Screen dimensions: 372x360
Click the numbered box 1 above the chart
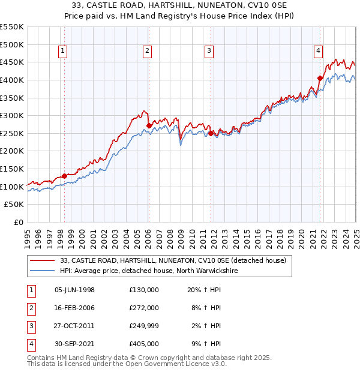[x=64, y=51]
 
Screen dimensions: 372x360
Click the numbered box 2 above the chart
[x=147, y=51]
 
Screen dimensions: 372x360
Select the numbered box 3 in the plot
[x=209, y=51]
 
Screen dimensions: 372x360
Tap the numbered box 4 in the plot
[x=318, y=51]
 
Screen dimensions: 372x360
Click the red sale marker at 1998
[x=64, y=176]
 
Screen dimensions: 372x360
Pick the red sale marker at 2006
[x=149, y=126]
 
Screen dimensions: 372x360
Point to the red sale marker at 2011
[x=211, y=134]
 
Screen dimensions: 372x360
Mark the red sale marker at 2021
[x=320, y=78]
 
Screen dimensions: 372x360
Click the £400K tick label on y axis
[x=12, y=80]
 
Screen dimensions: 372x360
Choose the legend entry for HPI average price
[x=149, y=271]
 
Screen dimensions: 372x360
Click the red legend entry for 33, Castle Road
[x=173, y=260]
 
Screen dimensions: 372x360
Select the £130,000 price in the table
[x=144, y=290]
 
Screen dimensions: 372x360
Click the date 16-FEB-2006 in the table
[x=74, y=308]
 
